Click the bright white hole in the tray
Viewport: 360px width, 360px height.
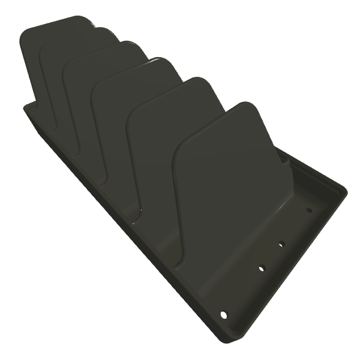pos(224,314)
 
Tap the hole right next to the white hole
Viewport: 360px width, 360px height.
pos(261,268)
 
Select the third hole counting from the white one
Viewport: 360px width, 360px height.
pos(280,244)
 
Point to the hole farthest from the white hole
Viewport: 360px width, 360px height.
pos(309,210)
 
